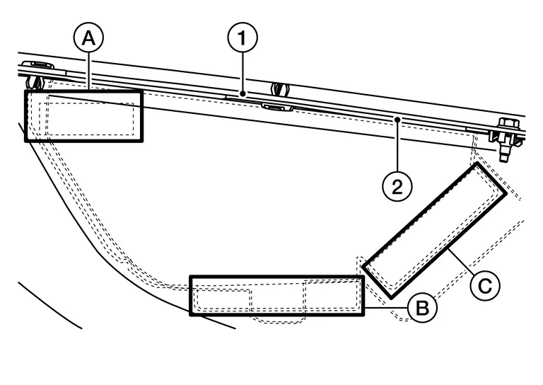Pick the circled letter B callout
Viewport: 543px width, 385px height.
pos(421,308)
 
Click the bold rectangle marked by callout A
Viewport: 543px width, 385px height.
pos(83,115)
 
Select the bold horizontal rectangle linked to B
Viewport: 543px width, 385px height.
pos(276,296)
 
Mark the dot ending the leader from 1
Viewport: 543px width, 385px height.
pos(242,93)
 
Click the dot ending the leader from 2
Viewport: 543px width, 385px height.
pos(398,120)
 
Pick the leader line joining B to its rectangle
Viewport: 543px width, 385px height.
pos(385,309)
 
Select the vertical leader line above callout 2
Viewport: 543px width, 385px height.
pos(398,146)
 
